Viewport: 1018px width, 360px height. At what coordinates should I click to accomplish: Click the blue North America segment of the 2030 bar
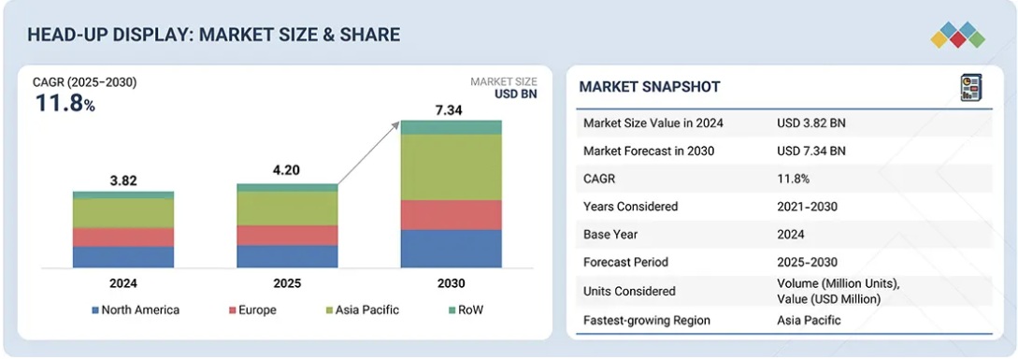click(451, 248)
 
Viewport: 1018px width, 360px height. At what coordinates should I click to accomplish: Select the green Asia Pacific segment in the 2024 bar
click(123, 213)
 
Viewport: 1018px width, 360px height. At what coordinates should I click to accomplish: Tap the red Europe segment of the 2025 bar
click(287, 236)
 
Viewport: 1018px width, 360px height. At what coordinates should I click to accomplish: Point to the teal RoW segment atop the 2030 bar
click(451, 127)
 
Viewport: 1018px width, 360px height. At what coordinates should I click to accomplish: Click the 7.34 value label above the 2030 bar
click(450, 110)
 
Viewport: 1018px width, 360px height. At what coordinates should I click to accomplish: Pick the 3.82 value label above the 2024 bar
click(123, 181)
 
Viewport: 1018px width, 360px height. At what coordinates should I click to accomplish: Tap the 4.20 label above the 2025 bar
click(286, 171)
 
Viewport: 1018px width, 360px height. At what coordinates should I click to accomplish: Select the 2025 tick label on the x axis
click(286, 283)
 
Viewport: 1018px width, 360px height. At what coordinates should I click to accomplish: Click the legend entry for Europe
click(252, 310)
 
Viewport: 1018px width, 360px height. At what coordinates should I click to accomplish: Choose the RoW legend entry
click(465, 310)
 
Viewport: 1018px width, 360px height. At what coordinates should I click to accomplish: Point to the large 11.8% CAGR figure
click(64, 103)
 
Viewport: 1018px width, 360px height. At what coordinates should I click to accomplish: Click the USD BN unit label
click(515, 94)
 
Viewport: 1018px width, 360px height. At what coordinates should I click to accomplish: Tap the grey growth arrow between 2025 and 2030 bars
click(368, 153)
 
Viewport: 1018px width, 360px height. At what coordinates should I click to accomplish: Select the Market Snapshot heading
click(650, 86)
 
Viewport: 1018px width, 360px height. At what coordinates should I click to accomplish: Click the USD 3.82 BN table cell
click(810, 122)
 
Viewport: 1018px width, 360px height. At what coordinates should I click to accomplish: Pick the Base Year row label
click(611, 235)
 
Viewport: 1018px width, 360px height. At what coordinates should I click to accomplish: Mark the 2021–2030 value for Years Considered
click(807, 207)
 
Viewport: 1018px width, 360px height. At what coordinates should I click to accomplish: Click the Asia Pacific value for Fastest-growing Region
click(809, 320)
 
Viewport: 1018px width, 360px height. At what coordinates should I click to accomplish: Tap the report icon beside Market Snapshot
click(971, 88)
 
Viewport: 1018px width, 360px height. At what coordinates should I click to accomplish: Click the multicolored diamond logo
click(957, 36)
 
